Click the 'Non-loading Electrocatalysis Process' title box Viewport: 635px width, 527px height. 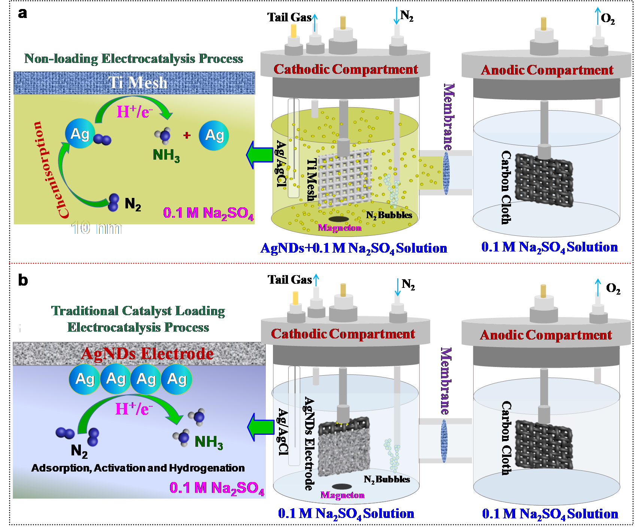tap(134, 58)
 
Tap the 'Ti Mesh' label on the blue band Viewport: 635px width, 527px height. tap(138, 82)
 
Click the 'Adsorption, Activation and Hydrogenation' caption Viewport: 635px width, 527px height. tap(138, 468)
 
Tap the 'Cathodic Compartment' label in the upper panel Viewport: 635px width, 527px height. tap(346, 69)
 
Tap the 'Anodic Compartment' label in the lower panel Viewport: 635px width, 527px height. tap(546, 335)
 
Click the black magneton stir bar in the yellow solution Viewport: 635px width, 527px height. tap(339, 219)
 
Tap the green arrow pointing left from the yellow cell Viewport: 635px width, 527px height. tap(259, 154)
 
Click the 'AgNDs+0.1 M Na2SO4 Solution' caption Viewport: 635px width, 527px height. tap(353, 248)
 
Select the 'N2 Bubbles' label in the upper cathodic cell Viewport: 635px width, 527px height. tap(389, 215)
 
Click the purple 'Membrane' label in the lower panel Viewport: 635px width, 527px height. tap(446, 381)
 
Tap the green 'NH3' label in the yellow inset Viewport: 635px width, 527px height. tap(166, 155)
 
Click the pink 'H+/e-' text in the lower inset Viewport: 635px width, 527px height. tap(134, 409)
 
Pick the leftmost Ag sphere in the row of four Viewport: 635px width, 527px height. tap(85, 379)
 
